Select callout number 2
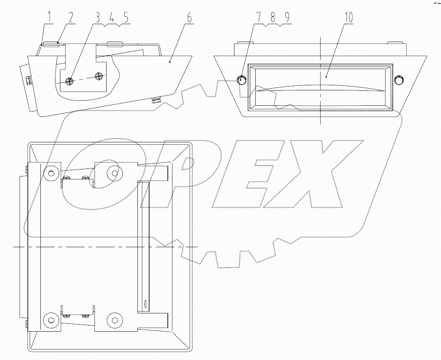71,18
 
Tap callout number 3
97,18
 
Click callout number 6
189,18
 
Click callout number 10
349,17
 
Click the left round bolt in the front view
242,80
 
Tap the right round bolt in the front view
399,80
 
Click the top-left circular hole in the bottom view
51,173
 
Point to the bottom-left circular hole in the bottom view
51,320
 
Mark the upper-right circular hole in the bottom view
114,172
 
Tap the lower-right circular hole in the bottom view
114,320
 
